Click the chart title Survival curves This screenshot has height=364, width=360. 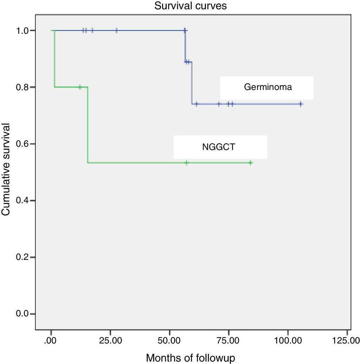point(180,7)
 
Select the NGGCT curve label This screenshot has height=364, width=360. point(218,147)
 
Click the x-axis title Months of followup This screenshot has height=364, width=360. point(191,358)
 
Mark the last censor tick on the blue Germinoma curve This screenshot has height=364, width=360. point(301,104)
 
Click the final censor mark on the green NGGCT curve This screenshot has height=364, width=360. point(250,162)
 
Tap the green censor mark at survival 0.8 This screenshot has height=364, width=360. point(80,87)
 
